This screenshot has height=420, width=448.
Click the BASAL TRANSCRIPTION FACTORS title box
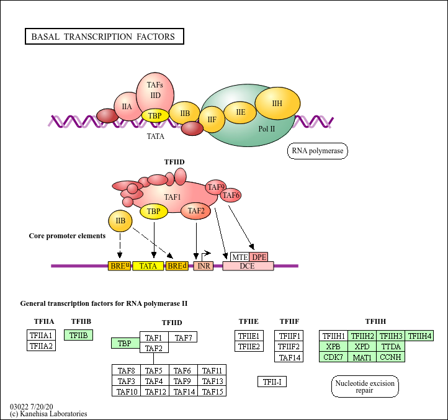[104, 37]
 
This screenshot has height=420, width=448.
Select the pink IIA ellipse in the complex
[127, 107]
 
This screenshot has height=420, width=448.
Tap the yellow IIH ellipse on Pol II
[277, 104]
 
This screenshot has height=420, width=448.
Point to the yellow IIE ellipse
[240, 112]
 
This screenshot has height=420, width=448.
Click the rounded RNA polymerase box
[318, 151]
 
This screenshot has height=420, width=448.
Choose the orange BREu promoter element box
[120, 266]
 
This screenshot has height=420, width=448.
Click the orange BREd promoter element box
[177, 266]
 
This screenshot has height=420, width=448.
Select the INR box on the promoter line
[204, 266]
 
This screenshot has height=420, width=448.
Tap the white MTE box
[240, 257]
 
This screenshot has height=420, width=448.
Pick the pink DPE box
[259, 257]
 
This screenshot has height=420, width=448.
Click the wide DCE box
[248, 266]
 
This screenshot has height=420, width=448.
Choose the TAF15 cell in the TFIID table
[212, 391]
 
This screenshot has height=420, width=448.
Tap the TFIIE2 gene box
[249, 346]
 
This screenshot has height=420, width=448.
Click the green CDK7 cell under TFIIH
[333, 357]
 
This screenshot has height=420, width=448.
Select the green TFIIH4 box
[419, 336]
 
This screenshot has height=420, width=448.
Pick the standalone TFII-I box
[272, 382]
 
